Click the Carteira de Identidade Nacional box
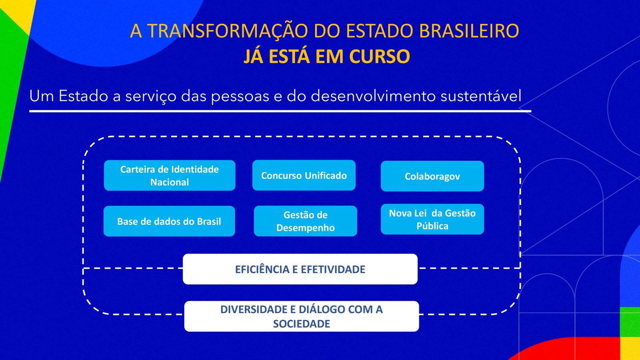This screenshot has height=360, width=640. [x=170, y=176]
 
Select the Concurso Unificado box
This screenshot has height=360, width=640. [x=304, y=175]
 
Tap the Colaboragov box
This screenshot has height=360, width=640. [x=432, y=176]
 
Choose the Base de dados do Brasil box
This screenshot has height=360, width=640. [x=169, y=221]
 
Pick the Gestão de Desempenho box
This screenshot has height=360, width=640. [x=306, y=221]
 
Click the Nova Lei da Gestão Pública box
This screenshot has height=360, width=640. [x=432, y=219]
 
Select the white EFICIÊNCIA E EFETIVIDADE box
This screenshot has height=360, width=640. [x=300, y=269]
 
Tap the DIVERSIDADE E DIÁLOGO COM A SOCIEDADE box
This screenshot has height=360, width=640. [x=302, y=316]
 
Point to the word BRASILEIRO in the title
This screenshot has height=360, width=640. [x=469, y=30]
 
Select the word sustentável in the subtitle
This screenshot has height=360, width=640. [x=481, y=96]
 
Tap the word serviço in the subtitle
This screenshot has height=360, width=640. [x=151, y=96]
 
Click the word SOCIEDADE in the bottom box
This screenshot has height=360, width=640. [x=302, y=324]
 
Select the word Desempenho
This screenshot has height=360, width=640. [x=306, y=228]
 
